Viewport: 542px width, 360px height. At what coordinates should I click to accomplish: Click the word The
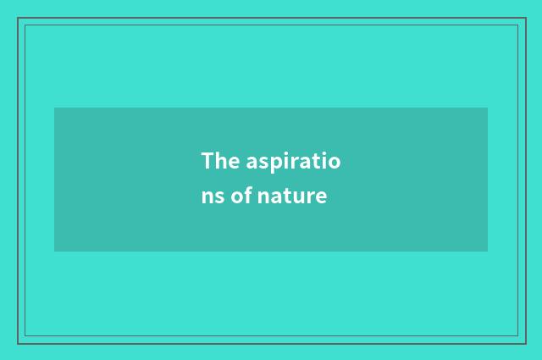(217, 160)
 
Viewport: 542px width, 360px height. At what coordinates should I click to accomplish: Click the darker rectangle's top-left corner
(54, 108)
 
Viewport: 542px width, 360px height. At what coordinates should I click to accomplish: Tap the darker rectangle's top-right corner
(488, 108)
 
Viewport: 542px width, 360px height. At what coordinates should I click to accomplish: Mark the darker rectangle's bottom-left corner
(54, 252)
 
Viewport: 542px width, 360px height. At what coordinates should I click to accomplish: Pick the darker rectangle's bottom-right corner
(488, 252)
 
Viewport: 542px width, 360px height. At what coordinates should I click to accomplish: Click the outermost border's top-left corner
(18, 18)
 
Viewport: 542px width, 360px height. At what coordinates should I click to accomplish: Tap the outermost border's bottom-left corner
(18, 343)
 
